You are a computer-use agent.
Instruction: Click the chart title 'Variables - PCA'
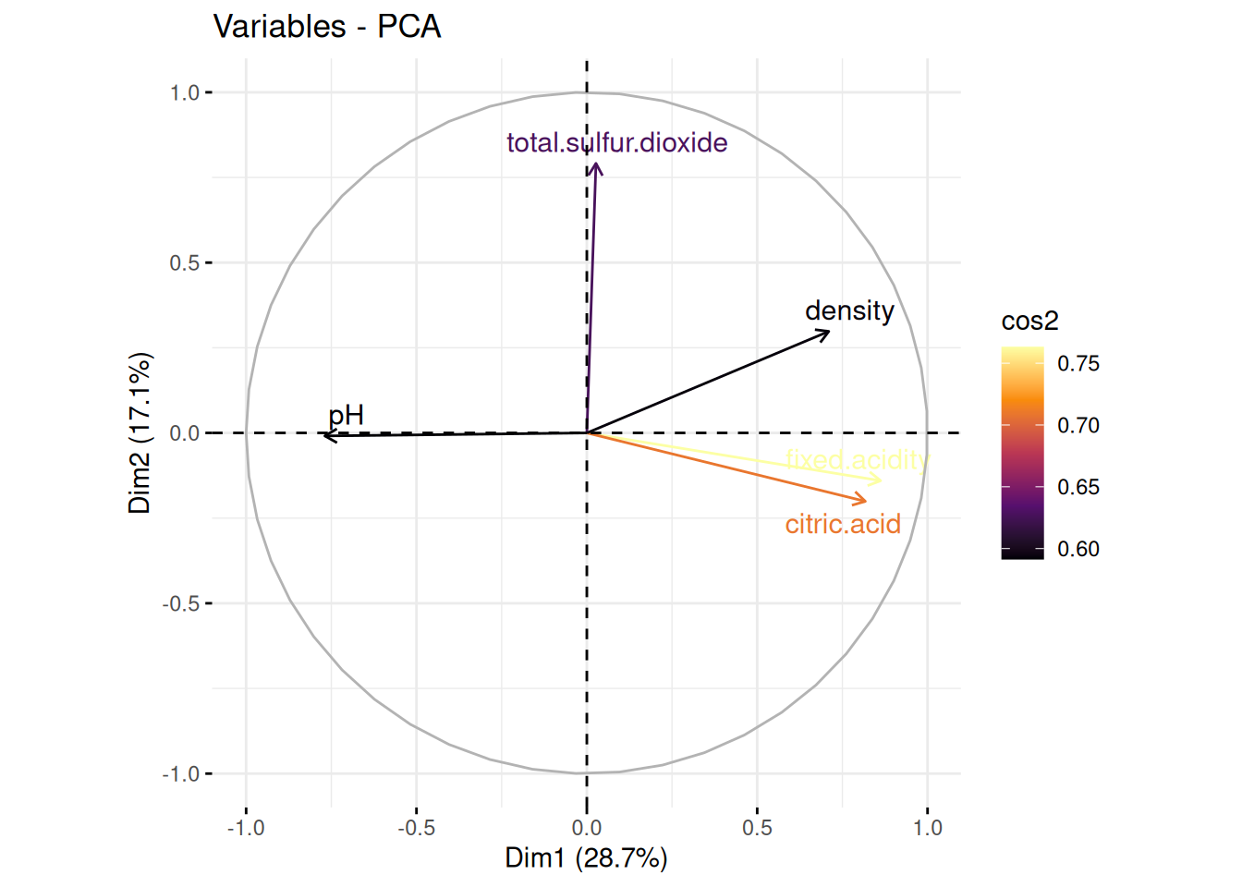[x=327, y=26]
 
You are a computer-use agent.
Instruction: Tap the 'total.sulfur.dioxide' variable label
[x=616, y=143]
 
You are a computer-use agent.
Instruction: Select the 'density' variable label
[x=849, y=311]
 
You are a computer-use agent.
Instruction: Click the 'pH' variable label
[x=347, y=416]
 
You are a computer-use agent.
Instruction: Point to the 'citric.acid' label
[x=843, y=524]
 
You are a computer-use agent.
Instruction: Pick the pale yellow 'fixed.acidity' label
[x=856, y=459]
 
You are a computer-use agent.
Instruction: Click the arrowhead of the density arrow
[x=829, y=332]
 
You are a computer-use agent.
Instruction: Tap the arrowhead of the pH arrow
[x=324, y=435]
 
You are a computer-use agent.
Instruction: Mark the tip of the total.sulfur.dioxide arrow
[x=597, y=164]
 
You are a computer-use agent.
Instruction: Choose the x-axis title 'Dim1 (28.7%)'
[x=586, y=858]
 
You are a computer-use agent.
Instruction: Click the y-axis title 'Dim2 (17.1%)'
[x=140, y=432]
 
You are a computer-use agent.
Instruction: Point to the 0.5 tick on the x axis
[x=757, y=828]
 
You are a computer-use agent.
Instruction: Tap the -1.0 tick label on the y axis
[x=180, y=774]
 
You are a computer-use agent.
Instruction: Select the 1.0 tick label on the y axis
[x=184, y=93]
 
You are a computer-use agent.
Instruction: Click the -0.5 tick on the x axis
[x=416, y=828]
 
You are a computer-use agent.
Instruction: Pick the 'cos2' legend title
[x=1029, y=322]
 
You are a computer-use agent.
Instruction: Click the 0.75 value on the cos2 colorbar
[x=1078, y=364]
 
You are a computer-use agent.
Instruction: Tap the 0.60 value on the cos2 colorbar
[x=1078, y=549]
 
